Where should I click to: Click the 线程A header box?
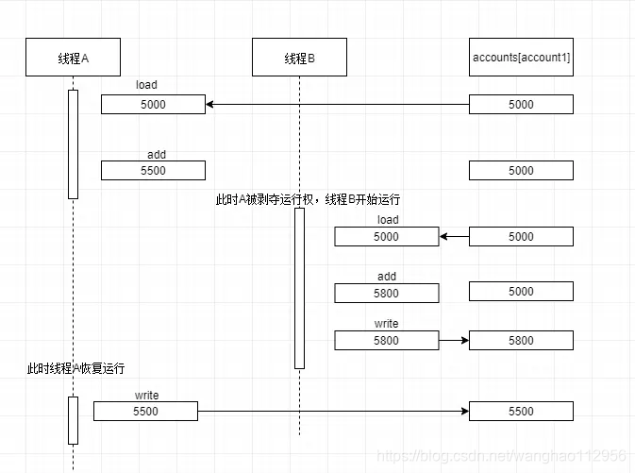coord(73,58)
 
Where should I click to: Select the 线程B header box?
coord(299,58)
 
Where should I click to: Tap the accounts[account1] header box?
coord(521,58)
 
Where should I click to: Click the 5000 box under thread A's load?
coord(153,105)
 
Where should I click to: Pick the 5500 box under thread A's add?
coord(153,171)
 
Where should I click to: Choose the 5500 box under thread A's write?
coord(145,411)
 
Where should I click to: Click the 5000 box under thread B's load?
coord(386,237)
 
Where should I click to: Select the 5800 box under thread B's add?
coord(386,294)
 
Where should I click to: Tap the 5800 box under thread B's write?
coord(386,340)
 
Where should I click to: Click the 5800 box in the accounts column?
coord(521,340)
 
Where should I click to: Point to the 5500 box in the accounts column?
coord(521,411)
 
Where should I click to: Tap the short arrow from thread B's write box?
coord(454,340)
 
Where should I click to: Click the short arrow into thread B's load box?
coord(454,237)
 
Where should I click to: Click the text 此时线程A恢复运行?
coord(75,368)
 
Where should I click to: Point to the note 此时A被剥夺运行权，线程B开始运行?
coord(308,199)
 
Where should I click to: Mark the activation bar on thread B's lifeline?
coord(299,288)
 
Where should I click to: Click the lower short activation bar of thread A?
coord(73,420)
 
